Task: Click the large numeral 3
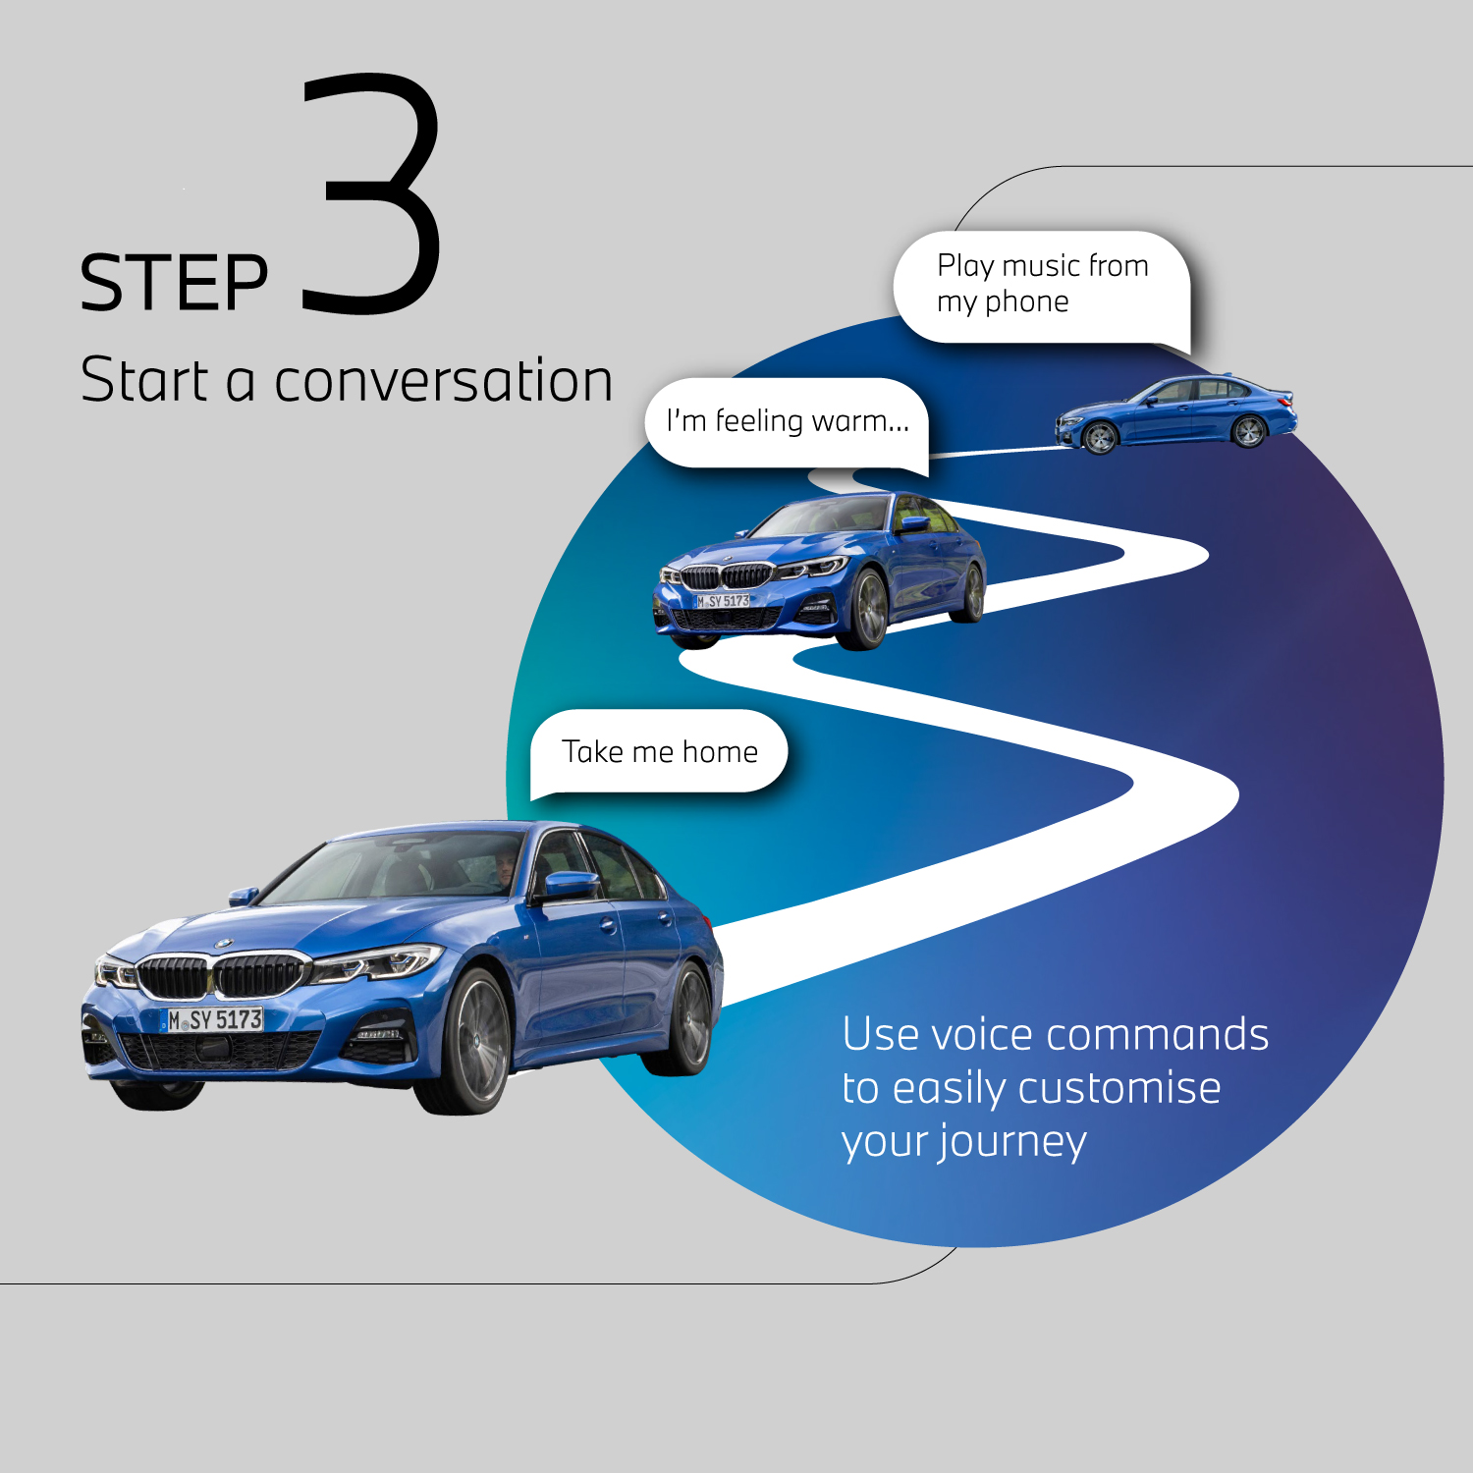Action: click(371, 196)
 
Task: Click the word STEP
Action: click(174, 284)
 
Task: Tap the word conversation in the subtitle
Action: click(443, 381)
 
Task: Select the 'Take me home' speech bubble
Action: click(659, 751)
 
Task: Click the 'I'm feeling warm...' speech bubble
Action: click(788, 421)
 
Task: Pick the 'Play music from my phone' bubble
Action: click(1042, 284)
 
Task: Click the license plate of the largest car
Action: click(215, 1020)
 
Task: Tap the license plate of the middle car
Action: click(723, 601)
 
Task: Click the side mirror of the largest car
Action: click(570, 884)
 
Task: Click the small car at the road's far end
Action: click(1175, 412)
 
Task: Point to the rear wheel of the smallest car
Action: click(1248, 431)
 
